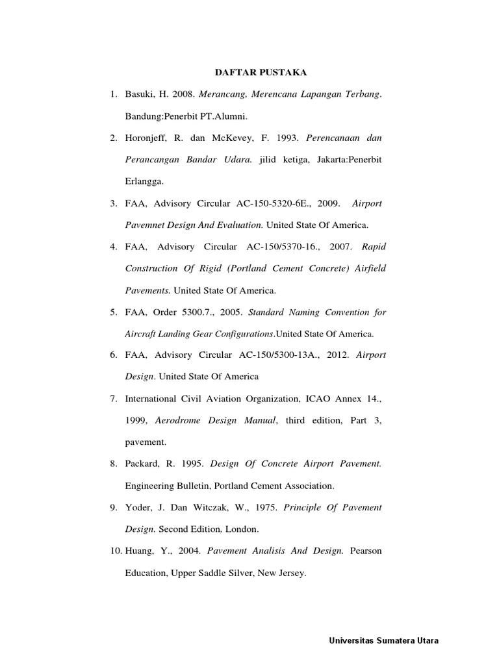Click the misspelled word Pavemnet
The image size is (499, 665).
click(x=146, y=225)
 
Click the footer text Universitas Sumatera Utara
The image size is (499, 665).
click(x=384, y=641)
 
